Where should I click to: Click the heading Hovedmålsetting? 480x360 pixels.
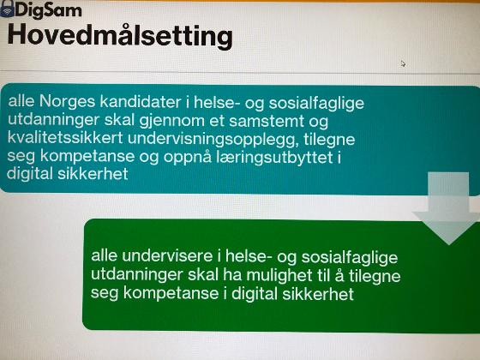click(x=120, y=36)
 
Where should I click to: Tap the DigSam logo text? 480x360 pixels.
click(x=48, y=10)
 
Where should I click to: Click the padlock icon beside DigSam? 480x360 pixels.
click(x=8, y=9)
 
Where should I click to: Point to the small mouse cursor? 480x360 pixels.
click(x=403, y=63)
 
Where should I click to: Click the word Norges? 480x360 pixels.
click(x=68, y=102)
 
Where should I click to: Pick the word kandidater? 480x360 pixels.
click(x=141, y=102)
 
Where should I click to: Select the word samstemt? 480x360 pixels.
click(x=267, y=121)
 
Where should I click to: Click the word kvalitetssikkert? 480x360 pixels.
click(x=65, y=137)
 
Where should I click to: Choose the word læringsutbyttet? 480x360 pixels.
click(x=274, y=158)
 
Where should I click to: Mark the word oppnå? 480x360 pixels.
click(x=187, y=158)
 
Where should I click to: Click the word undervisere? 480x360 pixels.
click(x=167, y=255)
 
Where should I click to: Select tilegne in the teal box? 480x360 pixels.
click(x=329, y=140)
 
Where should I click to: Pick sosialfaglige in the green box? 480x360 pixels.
click(x=350, y=257)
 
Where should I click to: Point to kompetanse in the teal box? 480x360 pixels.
click(x=87, y=156)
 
